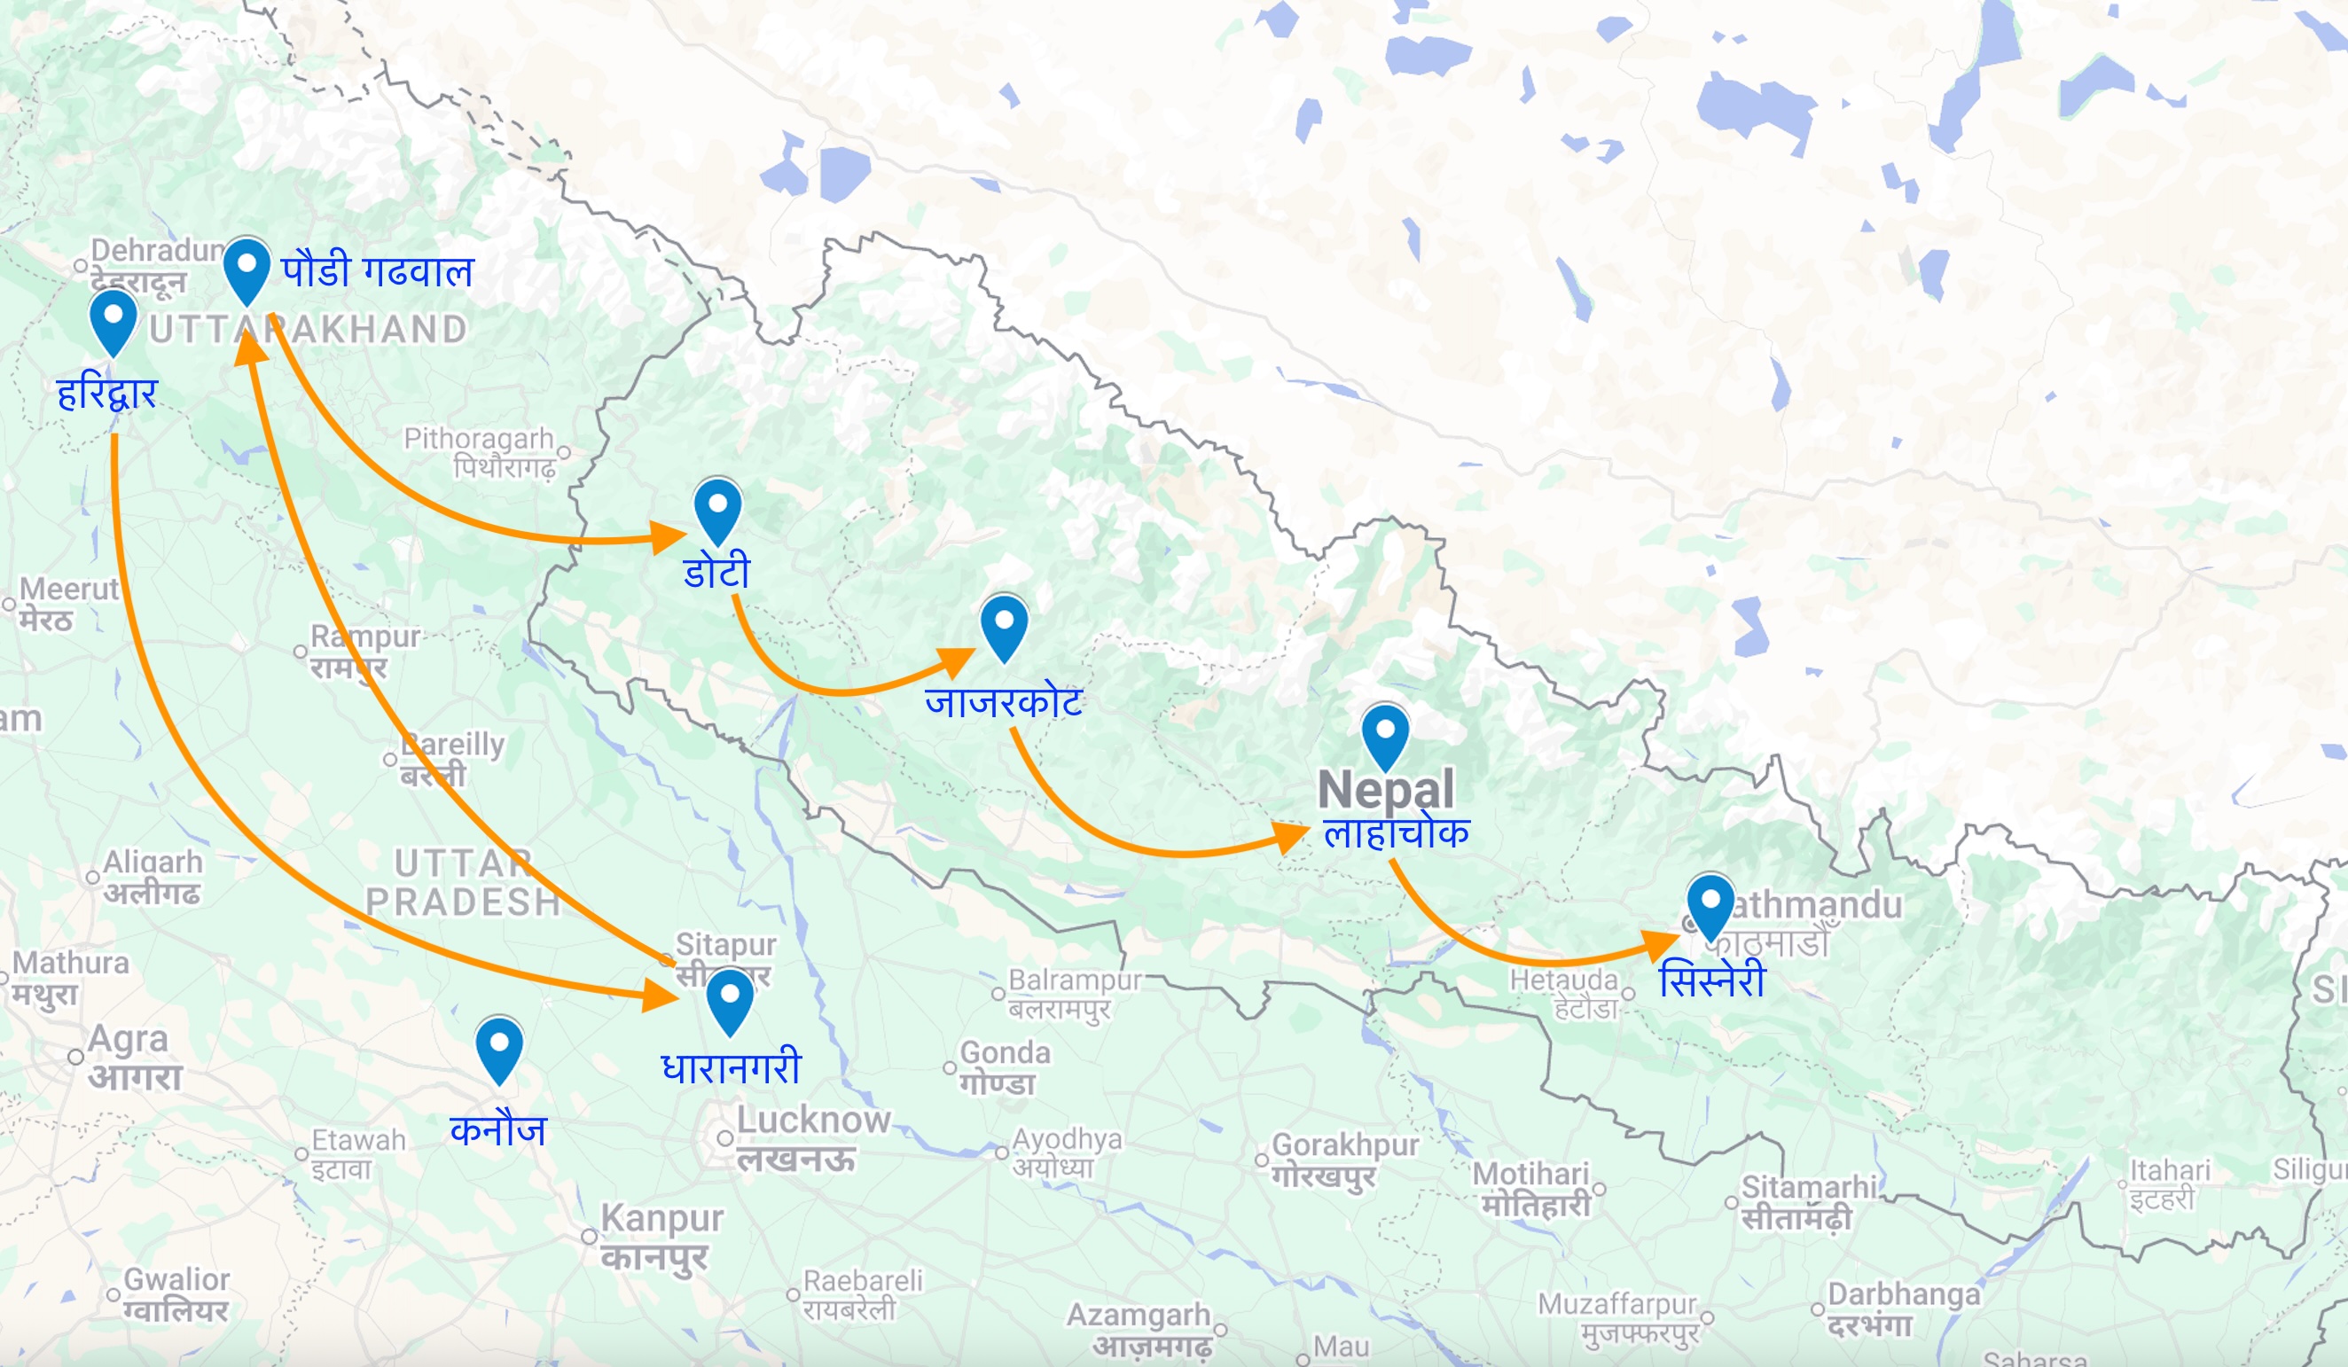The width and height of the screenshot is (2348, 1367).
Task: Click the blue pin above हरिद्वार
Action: [113, 318]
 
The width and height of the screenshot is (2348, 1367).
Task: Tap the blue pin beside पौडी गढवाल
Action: [247, 268]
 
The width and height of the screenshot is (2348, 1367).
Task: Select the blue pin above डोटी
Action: [717, 508]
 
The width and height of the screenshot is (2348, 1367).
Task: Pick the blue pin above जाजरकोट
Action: [1004, 624]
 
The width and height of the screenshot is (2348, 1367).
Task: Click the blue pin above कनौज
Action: [498, 1046]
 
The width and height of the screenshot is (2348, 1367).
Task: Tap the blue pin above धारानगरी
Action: [730, 998]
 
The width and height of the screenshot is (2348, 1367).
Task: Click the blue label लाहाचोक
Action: [1396, 832]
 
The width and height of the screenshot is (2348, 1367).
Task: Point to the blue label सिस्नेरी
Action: [1711, 980]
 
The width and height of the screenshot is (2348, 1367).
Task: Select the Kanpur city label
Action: [661, 1219]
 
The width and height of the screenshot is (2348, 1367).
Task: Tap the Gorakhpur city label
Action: [1344, 1145]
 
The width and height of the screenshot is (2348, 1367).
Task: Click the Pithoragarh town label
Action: [478, 439]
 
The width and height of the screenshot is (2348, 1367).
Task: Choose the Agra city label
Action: [128, 1039]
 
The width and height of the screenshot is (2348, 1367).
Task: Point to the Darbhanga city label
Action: [1904, 1294]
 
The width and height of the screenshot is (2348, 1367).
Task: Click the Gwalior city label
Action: [176, 1280]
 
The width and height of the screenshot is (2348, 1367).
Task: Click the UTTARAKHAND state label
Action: [308, 329]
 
